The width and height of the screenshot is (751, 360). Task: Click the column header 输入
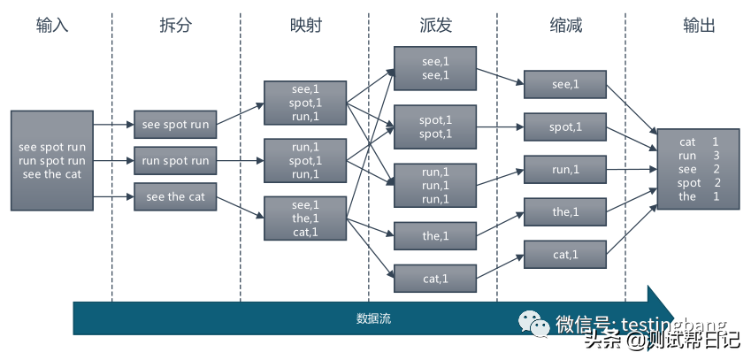point(52,26)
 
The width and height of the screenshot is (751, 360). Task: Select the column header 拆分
point(176,26)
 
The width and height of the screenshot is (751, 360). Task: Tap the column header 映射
point(304,26)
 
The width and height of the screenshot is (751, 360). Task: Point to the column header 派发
point(435,26)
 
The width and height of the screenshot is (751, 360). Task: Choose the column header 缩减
point(566,26)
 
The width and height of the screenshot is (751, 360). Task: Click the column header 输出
point(699,26)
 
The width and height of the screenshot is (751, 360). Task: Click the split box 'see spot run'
point(175,125)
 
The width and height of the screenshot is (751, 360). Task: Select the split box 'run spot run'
point(175,161)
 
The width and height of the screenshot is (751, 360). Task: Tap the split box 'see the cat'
point(175,196)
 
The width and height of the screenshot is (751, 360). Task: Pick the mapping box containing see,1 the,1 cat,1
point(304,218)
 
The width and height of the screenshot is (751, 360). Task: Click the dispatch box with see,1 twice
point(435,69)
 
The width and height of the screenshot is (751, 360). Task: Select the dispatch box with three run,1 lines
point(435,186)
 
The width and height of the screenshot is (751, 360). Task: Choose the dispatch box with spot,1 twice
point(435,126)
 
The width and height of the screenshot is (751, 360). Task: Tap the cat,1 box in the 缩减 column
point(565,255)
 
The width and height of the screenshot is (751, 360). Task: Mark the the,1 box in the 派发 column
point(435,235)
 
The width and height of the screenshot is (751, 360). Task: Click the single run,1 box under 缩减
point(565,169)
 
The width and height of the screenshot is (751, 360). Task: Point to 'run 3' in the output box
point(698,156)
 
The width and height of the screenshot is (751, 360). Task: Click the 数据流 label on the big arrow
point(373,318)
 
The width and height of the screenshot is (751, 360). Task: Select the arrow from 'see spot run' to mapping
point(240,113)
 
